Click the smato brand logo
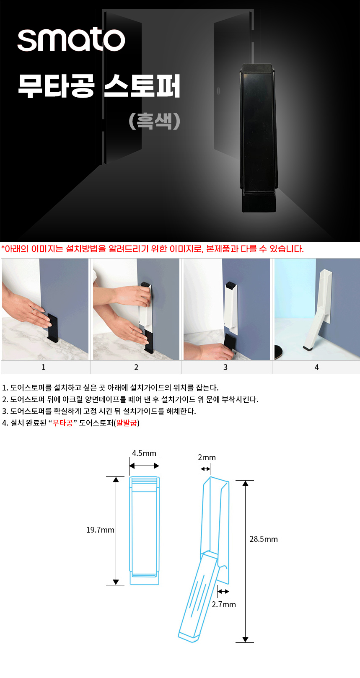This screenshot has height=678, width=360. (71, 39)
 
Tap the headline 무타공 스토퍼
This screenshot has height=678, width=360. (99, 86)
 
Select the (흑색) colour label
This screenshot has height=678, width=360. (154, 121)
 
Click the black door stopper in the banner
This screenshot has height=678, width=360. (259, 138)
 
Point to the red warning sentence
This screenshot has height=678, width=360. (152, 249)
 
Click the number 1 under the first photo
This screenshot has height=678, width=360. (44, 367)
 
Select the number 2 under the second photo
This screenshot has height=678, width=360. (136, 367)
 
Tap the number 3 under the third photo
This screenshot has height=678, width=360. (225, 367)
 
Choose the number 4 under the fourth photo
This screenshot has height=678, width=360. (317, 367)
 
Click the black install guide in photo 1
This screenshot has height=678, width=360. (52, 328)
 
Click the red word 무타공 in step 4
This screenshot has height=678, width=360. (63, 423)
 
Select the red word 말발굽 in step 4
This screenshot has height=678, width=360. (127, 423)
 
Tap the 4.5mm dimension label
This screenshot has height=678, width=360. (144, 453)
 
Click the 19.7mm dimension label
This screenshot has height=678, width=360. (100, 530)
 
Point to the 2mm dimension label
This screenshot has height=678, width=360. (207, 457)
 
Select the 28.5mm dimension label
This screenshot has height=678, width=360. (264, 539)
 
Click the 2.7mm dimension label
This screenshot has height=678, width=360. (224, 604)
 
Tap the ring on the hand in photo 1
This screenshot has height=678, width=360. (33, 311)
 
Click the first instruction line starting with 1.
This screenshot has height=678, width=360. (110, 388)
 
